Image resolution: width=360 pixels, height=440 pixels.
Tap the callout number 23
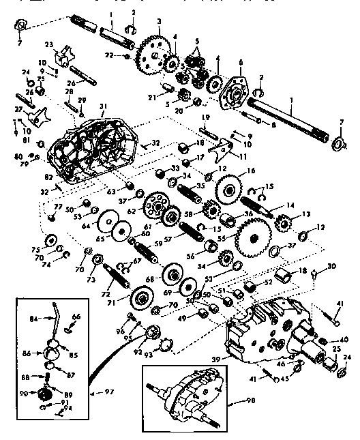pos(48,44)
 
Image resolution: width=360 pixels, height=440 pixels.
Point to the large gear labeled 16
pos(228,185)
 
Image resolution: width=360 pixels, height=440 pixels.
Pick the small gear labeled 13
pos(284,222)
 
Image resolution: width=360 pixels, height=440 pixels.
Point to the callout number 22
pos(109,55)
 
